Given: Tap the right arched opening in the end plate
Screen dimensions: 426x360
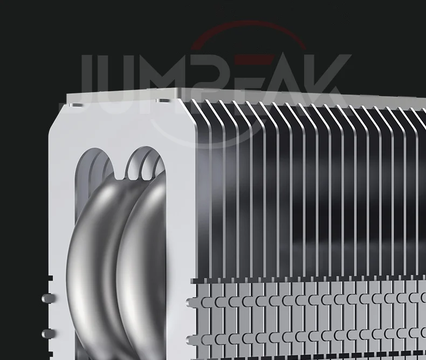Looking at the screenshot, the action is point(146,163).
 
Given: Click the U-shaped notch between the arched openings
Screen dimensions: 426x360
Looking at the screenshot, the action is point(119,174).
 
